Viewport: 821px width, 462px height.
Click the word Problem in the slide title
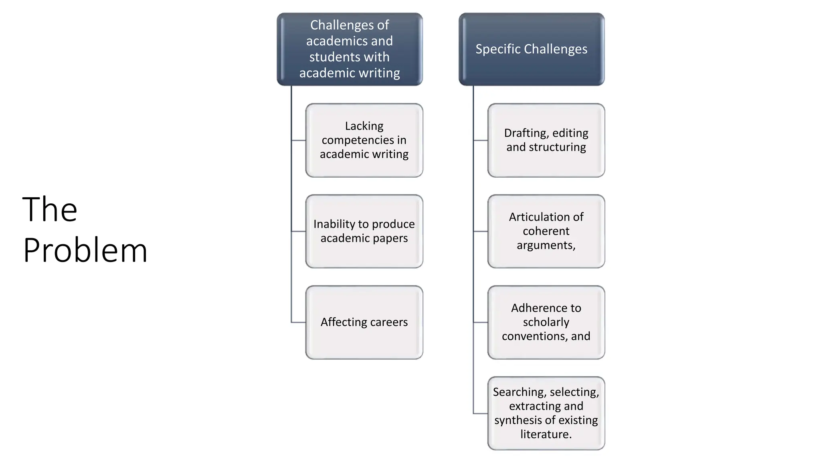pos(85,251)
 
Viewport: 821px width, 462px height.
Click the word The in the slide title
pos(50,209)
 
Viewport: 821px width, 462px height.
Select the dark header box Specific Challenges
pos(531,49)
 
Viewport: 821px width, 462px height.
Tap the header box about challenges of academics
pos(350,49)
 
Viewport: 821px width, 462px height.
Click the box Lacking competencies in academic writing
pos(364,140)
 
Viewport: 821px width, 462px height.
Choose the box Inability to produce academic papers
pos(364,231)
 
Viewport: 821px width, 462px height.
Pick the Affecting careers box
pos(364,322)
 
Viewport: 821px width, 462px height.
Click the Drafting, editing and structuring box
pos(546,140)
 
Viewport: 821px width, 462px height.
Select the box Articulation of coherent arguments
pos(546,231)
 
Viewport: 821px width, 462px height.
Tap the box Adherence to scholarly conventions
pos(546,322)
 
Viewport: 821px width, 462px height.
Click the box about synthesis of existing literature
pos(546,413)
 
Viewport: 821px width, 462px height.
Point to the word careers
pos(388,322)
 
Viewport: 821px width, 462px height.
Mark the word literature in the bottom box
pos(546,434)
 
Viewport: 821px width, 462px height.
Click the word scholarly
pos(546,322)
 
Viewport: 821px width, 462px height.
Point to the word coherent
pos(546,231)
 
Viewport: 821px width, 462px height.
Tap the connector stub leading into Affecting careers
pos(299,322)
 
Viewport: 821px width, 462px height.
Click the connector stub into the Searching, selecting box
pos(480,413)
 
